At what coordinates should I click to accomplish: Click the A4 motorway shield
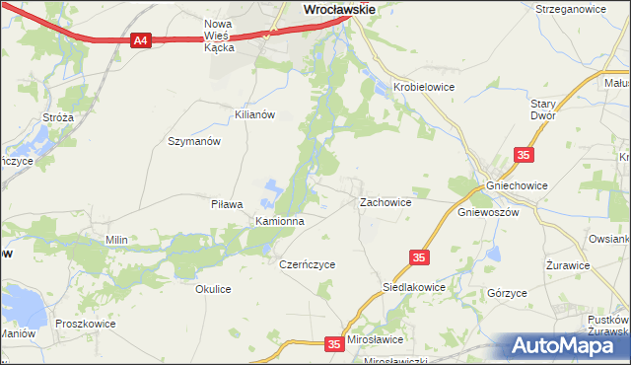pyautogui.click(x=141, y=40)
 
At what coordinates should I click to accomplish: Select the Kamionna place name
pyautogui.click(x=280, y=221)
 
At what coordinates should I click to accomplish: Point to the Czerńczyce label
pyautogui.click(x=308, y=264)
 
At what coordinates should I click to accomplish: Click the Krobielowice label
pyautogui.click(x=423, y=87)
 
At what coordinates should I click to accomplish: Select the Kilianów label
pyautogui.click(x=253, y=114)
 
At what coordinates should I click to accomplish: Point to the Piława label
pyautogui.click(x=227, y=204)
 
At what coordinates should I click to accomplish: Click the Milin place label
pyautogui.click(x=117, y=240)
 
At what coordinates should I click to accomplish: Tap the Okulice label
pyautogui.click(x=213, y=289)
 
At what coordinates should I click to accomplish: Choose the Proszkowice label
pyautogui.click(x=86, y=324)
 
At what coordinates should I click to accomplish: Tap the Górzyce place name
pyautogui.click(x=507, y=294)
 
